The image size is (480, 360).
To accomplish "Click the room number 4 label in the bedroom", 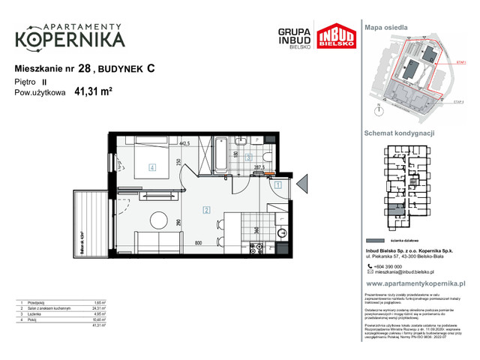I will [x=151, y=168].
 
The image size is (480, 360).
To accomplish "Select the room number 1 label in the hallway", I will [x=277, y=184].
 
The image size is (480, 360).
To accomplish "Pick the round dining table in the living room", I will [x=158, y=220].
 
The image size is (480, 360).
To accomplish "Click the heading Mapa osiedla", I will [x=385, y=27].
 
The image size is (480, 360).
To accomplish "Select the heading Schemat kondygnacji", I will [x=400, y=133].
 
